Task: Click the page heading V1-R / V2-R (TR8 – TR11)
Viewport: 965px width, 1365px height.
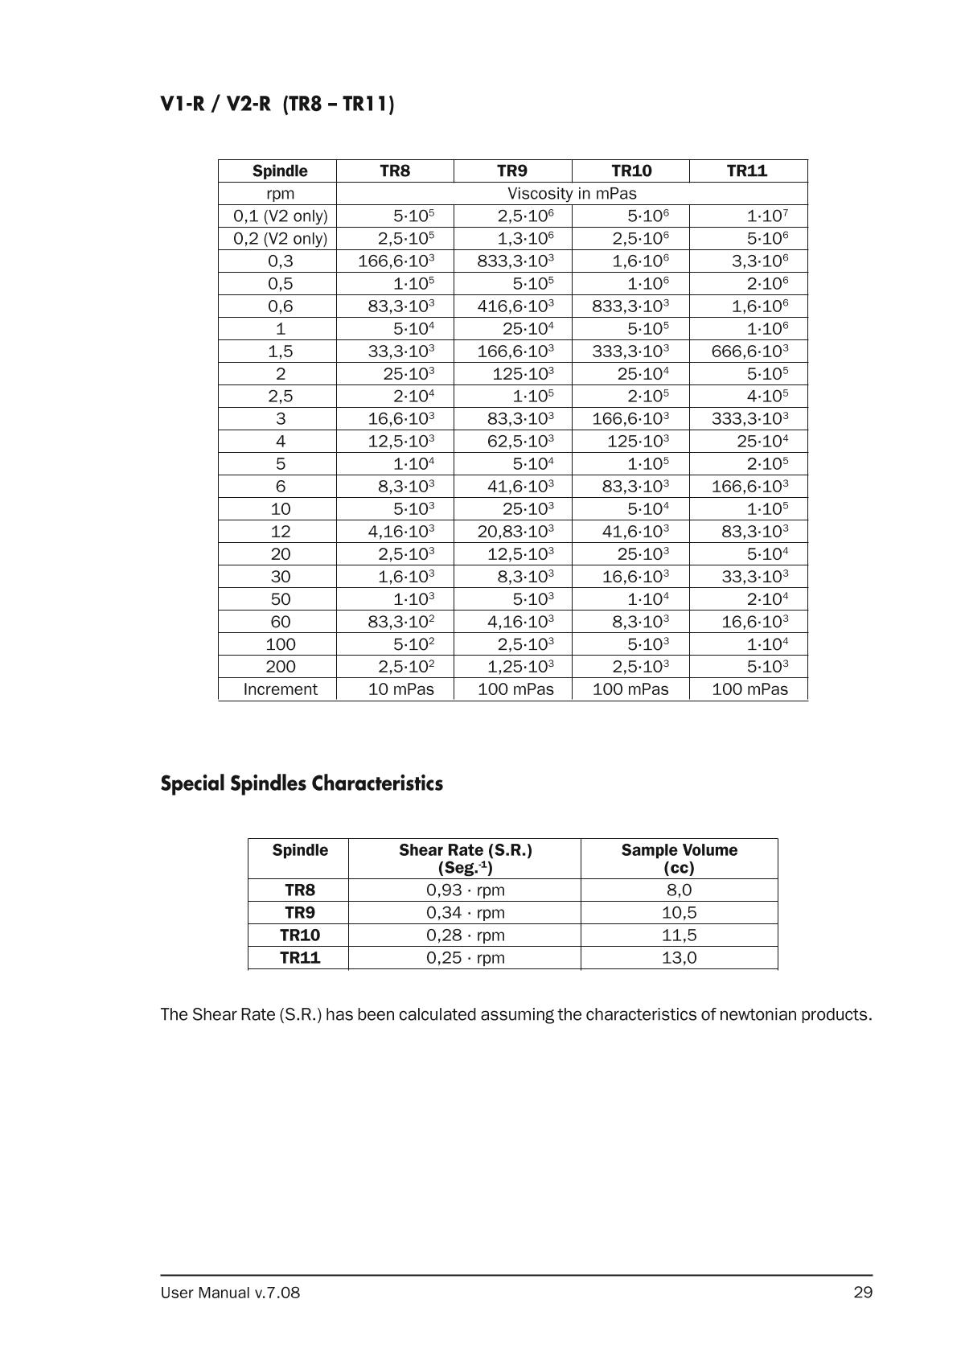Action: pyautogui.click(x=277, y=105)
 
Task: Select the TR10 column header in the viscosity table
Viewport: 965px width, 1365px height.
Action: pyautogui.click(x=631, y=171)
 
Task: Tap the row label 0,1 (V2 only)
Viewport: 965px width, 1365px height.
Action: pyautogui.click(x=281, y=216)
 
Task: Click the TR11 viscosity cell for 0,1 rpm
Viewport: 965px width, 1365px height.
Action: pyautogui.click(x=767, y=216)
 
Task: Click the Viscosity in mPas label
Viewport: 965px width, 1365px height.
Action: pyautogui.click(x=572, y=193)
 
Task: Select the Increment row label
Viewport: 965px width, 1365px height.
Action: pyautogui.click(x=281, y=689)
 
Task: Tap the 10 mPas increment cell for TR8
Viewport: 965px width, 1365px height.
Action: pyautogui.click(x=400, y=689)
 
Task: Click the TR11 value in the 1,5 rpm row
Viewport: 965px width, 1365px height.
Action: pyautogui.click(x=749, y=351)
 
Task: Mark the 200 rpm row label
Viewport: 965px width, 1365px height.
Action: pyautogui.click(x=281, y=666)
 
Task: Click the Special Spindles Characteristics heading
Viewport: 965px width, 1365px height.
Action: pyautogui.click(x=302, y=783)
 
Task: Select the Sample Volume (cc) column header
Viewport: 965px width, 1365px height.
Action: pyautogui.click(x=679, y=858)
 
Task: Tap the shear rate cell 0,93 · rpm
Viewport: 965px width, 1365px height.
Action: pyautogui.click(x=465, y=890)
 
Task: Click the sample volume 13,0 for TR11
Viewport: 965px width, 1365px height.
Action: pyautogui.click(x=679, y=957)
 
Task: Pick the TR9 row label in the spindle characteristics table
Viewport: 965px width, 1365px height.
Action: pyautogui.click(x=299, y=912)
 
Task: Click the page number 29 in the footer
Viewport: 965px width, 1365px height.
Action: pyautogui.click(x=863, y=1293)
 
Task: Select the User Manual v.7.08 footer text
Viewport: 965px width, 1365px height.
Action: pyautogui.click(x=230, y=1293)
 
